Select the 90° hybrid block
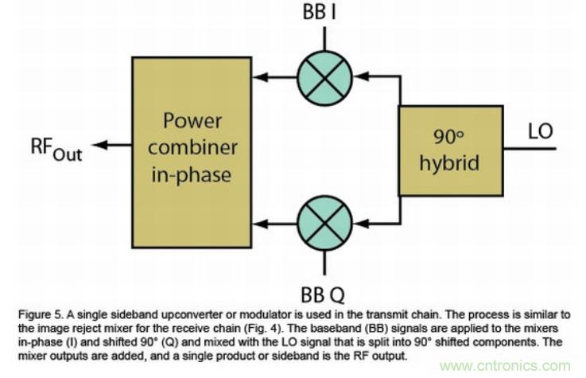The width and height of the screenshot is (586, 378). pyautogui.click(x=450, y=150)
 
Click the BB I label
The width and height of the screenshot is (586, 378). pyautogui.click(x=323, y=14)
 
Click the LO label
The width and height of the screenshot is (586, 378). pyautogui.click(x=540, y=131)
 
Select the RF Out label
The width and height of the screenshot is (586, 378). pyautogui.click(x=56, y=147)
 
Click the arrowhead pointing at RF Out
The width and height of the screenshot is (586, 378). pyautogui.click(x=98, y=146)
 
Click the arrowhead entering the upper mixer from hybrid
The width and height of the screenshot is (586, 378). pyautogui.click(x=358, y=77)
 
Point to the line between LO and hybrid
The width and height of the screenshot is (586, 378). pyautogui.click(x=529, y=148)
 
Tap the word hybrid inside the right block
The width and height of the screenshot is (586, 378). pyautogui.click(x=450, y=164)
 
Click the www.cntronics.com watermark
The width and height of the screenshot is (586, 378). pyautogui.click(x=504, y=366)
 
